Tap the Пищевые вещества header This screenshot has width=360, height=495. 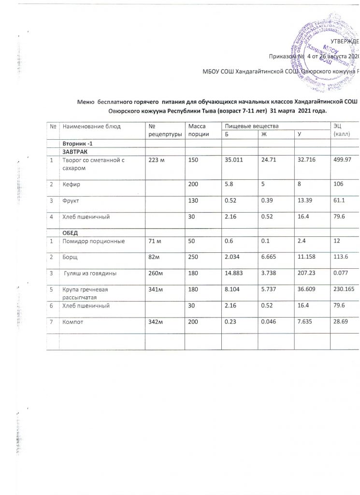pyautogui.click(x=241, y=126)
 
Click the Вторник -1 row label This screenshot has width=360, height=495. pyautogui.click(x=77, y=143)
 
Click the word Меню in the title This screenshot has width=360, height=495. pyautogui.click(x=86, y=102)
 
